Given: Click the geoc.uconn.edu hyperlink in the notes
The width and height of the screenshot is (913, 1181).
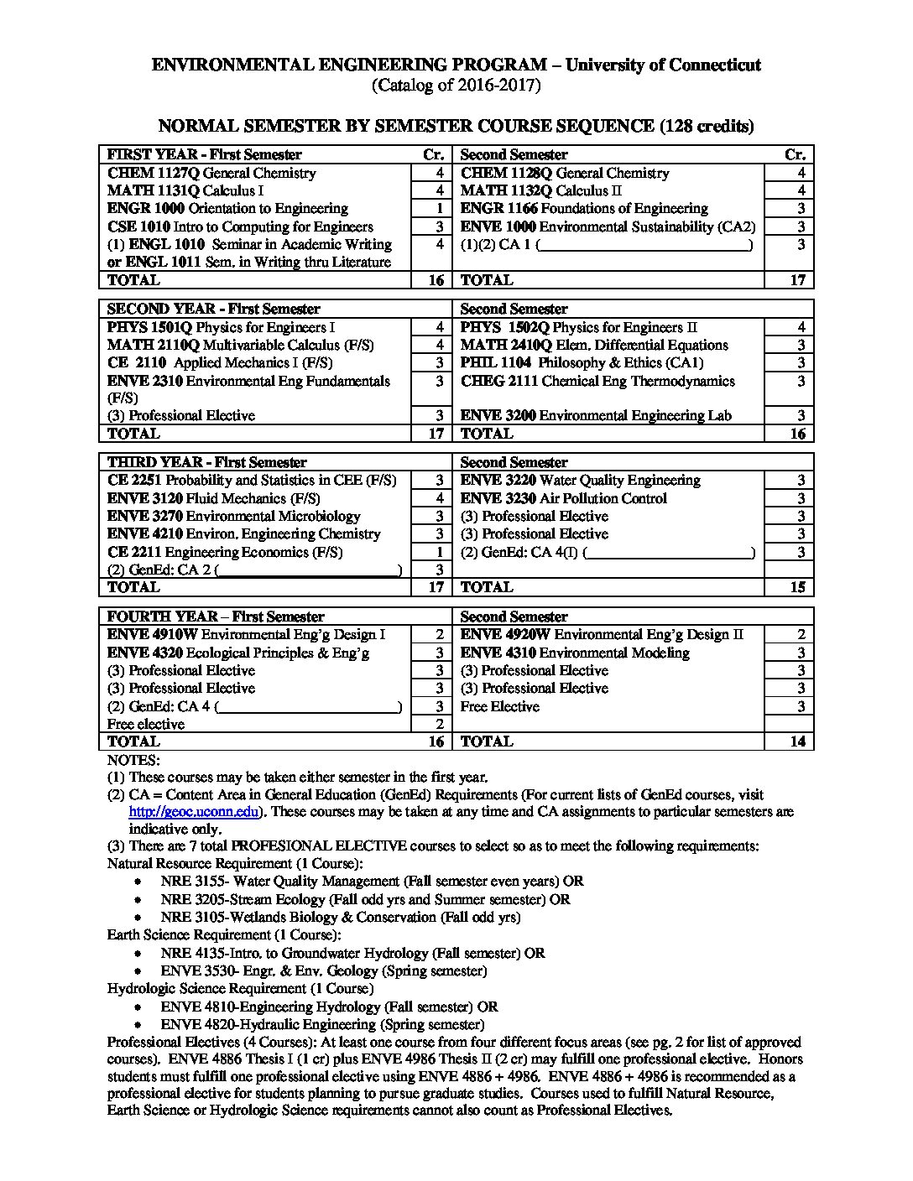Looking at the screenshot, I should (x=193, y=812).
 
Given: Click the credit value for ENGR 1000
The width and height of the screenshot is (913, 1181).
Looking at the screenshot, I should (x=439, y=209).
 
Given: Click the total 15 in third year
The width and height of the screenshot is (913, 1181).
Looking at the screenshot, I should (x=797, y=587).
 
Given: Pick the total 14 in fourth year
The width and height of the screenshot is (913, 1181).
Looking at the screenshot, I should (x=797, y=741).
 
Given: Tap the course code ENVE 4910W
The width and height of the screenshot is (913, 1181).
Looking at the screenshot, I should (x=152, y=635).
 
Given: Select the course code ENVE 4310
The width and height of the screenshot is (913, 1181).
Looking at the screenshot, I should (x=498, y=653).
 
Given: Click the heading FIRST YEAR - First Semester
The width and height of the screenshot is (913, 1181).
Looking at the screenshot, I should (x=204, y=155).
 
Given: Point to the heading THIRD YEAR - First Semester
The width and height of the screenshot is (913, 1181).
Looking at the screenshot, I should (x=206, y=463).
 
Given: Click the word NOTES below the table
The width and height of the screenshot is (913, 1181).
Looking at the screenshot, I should (x=133, y=760).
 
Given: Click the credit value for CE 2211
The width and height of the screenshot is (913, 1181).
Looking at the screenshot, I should (x=439, y=552).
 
